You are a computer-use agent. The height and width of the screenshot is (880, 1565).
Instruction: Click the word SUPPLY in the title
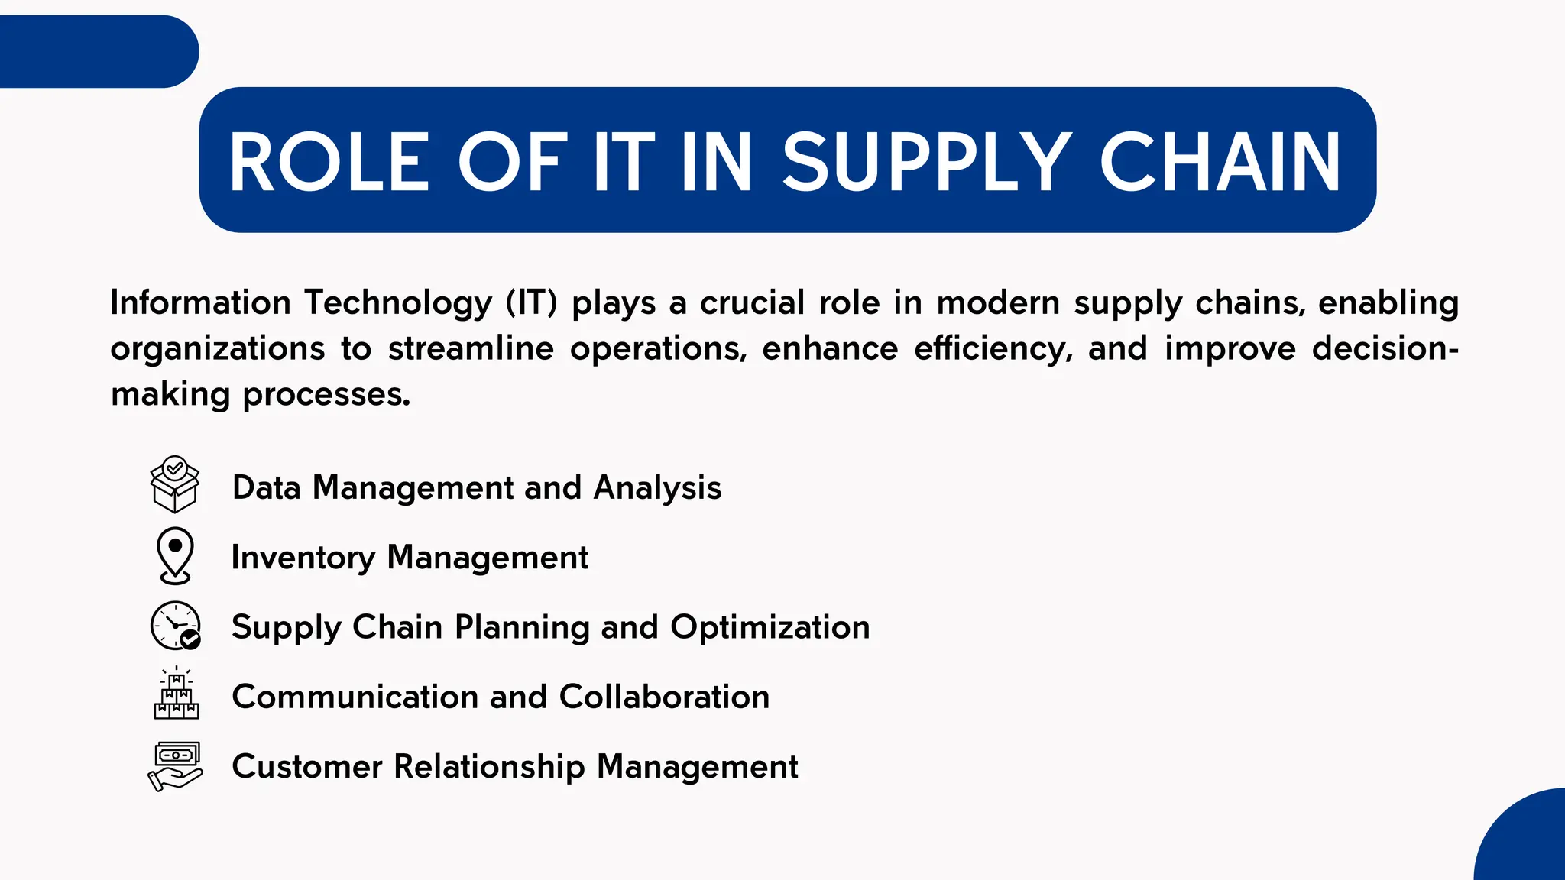tap(925, 161)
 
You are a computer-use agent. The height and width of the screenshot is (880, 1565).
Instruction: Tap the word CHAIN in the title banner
tap(1220, 161)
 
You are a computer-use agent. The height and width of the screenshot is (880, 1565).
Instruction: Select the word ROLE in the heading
tap(329, 161)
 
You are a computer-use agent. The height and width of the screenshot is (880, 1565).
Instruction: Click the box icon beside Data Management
tap(175, 484)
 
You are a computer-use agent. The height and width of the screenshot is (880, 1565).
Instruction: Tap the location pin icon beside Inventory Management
tap(175, 555)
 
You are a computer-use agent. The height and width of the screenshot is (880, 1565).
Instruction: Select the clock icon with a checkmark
tap(176, 626)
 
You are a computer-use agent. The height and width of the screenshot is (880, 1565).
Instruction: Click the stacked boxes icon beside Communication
tap(176, 694)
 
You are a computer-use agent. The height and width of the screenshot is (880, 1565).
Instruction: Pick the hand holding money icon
tap(175, 765)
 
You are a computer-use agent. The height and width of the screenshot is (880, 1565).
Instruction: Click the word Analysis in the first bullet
tap(657, 487)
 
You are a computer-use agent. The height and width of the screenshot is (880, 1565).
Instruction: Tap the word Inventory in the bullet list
tap(303, 557)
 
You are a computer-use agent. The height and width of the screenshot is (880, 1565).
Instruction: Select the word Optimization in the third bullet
tap(770, 627)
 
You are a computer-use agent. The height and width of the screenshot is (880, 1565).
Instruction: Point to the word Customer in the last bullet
tap(307, 766)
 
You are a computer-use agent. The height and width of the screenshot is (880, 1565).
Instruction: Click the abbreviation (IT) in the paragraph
tap(532, 302)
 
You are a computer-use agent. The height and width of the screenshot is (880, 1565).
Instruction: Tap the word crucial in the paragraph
tap(752, 302)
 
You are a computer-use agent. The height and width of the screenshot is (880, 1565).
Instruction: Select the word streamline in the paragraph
tap(471, 348)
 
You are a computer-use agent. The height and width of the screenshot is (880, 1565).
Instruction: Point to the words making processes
tap(261, 394)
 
